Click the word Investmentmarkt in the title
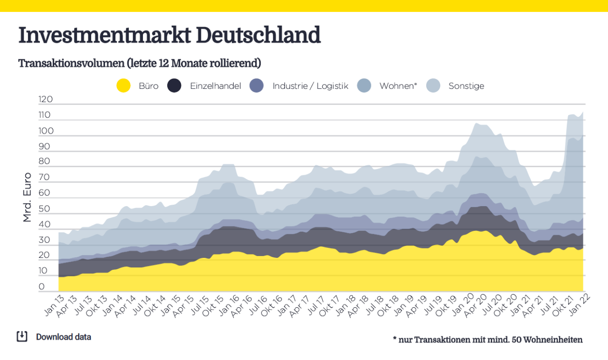tap(104, 36)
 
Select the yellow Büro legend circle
tap(123, 86)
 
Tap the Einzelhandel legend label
tap(216, 86)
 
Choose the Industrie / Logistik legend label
tap(310, 86)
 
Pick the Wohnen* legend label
tap(398, 86)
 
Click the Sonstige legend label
tap(466, 86)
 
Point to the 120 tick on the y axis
tap(46, 100)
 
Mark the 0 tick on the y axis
tap(42, 287)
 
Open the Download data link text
tap(64, 337)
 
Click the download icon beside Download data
tap(22, 336)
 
